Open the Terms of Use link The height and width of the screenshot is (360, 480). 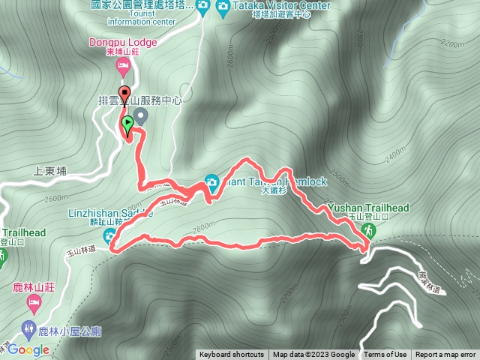(385, 355)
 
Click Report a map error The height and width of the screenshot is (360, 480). (446, 355)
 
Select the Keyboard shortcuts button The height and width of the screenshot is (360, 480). (232, 355)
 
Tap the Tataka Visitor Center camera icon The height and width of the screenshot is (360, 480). (223, 7)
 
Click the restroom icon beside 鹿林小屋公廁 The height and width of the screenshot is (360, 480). (28, 328)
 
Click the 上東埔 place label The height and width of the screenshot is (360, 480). (51, 171)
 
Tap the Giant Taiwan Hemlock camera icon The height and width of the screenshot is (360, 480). (212, 181)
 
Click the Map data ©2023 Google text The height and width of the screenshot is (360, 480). (313, 355)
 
